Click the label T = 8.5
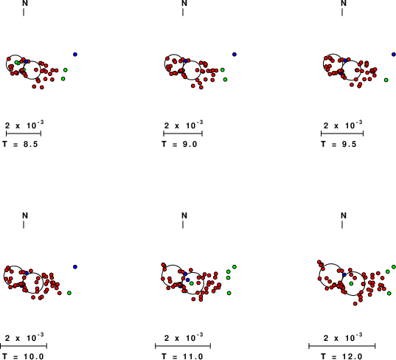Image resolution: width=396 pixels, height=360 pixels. pyautogui.click(x=20, y=145)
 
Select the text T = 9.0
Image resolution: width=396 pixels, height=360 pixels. pyautogui.click(x=179, y=145)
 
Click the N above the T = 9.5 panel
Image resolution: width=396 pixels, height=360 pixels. pyautogui.click(x=344, y=3)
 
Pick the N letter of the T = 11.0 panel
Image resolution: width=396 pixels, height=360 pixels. pyautogui.click(x=184, y=215)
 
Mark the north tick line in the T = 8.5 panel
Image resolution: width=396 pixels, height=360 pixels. pyautogui.click(x=24, y=12)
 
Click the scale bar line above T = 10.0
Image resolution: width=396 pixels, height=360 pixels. pyautogui.click(x=24, y=346)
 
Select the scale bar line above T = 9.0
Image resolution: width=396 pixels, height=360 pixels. pyautogui.click(x=183, y=134)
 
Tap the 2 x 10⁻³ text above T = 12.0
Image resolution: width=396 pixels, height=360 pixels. pyautogui.click(x=343, y=337)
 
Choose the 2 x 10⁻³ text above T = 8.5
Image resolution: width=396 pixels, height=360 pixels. pyautogui.click(x=24, y=125)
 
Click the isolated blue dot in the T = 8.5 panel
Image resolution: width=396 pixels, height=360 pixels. pyautogui.click(x=75, y=55)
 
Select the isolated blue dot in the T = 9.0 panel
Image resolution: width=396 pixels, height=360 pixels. pyautogui.click(x=235, y=55)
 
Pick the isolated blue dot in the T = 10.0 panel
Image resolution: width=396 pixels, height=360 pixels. pyautogui.click(x=75, y=267)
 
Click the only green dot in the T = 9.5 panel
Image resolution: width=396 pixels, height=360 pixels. pyautogui.click(x=386, y=80)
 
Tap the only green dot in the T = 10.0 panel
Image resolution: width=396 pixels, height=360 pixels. pyautogui.click(x=69, y=293)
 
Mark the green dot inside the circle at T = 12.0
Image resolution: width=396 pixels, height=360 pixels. pyautogui.click(x=351, y=284)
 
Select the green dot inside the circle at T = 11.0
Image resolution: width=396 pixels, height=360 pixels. pyautogui.click(x=192, y=283)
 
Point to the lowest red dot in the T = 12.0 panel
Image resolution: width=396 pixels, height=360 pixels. pyautogui.click(x=355, y=304)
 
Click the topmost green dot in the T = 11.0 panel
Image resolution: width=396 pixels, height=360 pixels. pyautogui.click(x=235, y=267)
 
